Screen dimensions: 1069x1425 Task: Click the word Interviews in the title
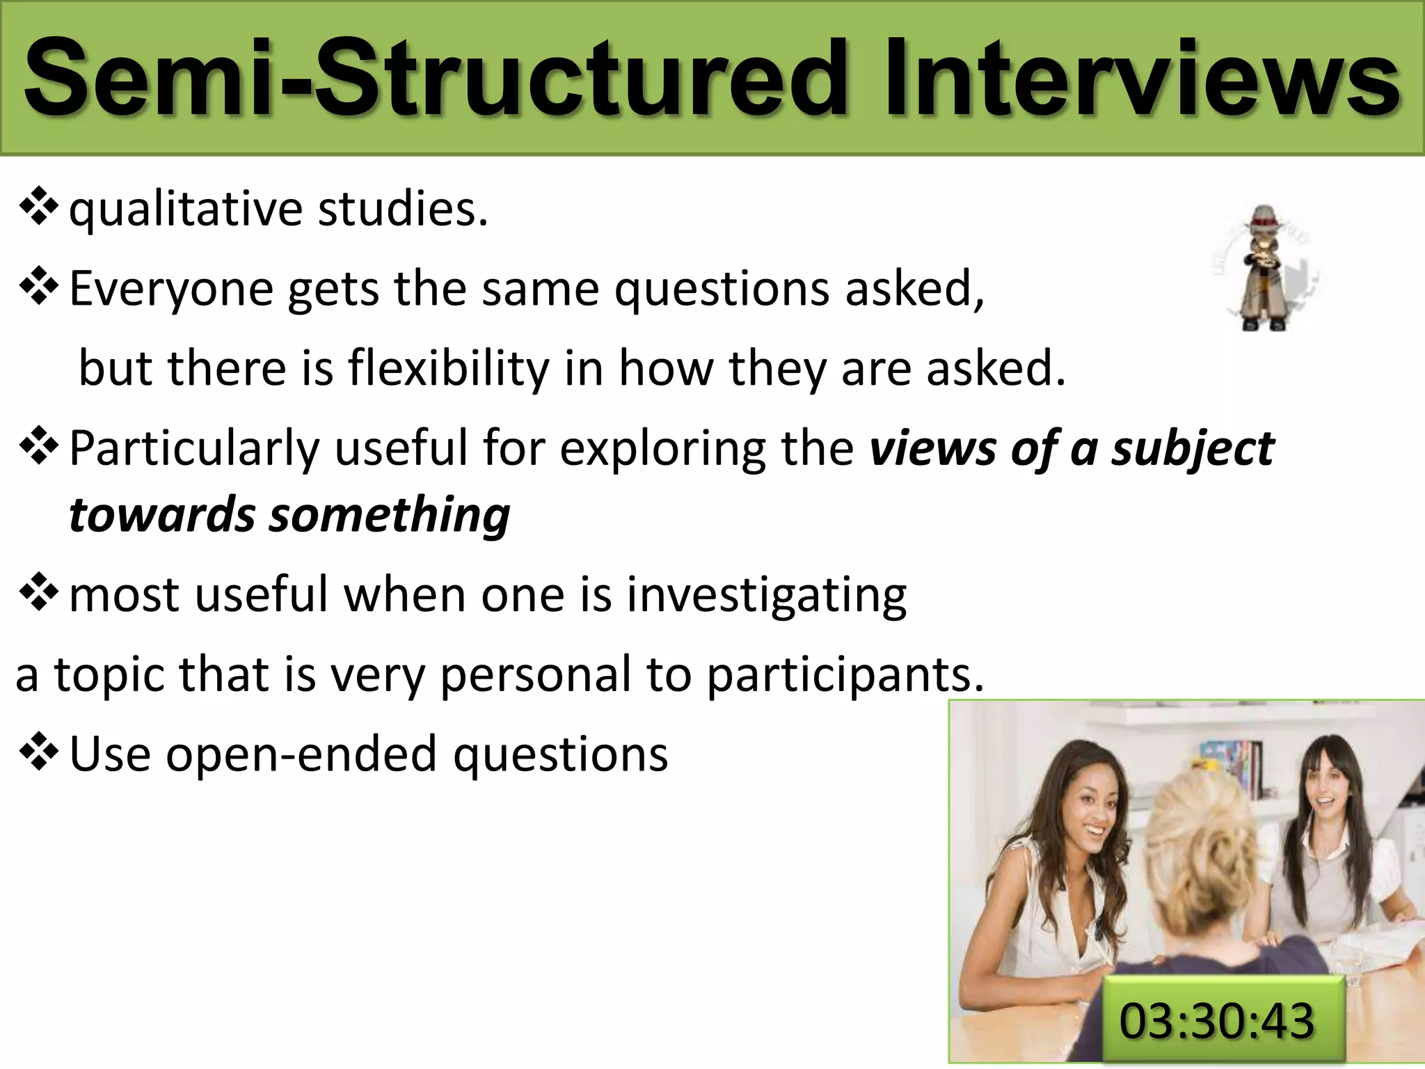pos(1141,78)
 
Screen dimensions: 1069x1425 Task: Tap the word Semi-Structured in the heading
pos(435,78)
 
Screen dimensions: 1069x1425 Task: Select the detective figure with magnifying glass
pos(1264,267)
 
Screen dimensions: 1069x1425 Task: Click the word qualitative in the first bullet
pos(186,209)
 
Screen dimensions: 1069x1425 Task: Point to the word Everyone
pos(171,289)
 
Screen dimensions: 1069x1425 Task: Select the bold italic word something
pos(390,516)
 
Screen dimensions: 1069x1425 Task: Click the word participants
pos(845,675)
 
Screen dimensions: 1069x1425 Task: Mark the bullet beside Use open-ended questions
pos(38,753)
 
